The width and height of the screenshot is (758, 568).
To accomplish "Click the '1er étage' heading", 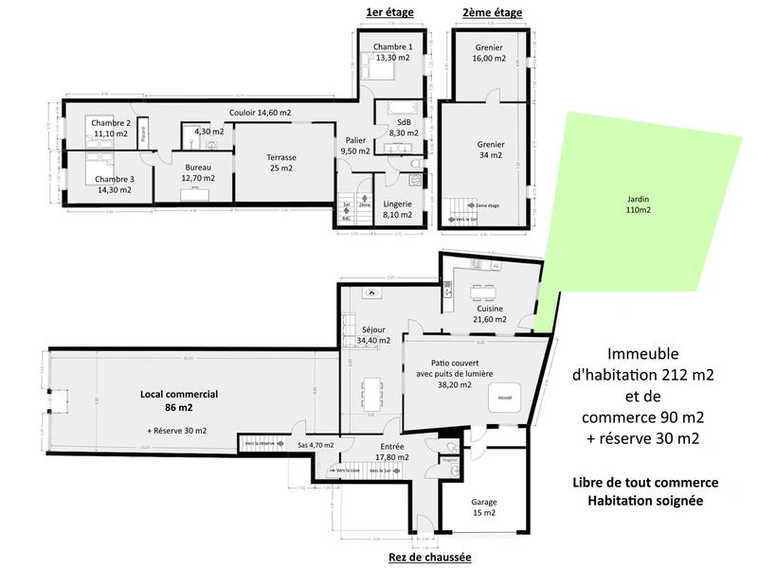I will click(388, 13).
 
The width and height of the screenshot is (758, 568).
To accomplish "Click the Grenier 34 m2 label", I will click(491, 150).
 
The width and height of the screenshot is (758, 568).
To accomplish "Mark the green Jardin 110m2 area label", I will click(639, 204).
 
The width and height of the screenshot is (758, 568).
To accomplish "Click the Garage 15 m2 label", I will click(484, 507).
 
